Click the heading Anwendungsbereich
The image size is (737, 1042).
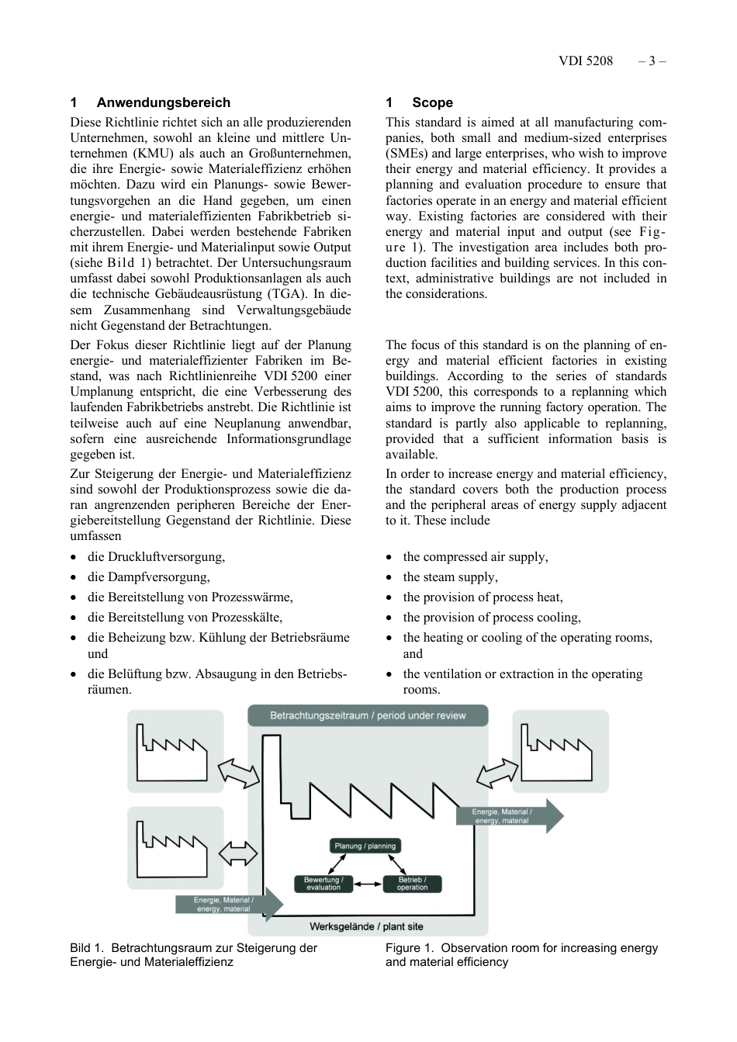coord(163,102)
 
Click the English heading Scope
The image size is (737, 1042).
coord(432,102)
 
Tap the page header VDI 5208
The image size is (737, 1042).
coord(585,61)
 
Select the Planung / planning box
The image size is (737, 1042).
coord(365,846)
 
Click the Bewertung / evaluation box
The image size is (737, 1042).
coord(323,884)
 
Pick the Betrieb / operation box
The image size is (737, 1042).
coord(412,884)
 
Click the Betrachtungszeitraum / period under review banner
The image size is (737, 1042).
coord(368,715)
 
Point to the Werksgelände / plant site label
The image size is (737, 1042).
coord(366,926)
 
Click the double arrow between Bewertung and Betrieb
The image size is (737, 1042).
coord(368,884)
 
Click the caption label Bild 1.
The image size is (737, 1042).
coord(86,948)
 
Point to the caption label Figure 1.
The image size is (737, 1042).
coord(409,948)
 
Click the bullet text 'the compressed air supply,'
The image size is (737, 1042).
coord(475,557)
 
